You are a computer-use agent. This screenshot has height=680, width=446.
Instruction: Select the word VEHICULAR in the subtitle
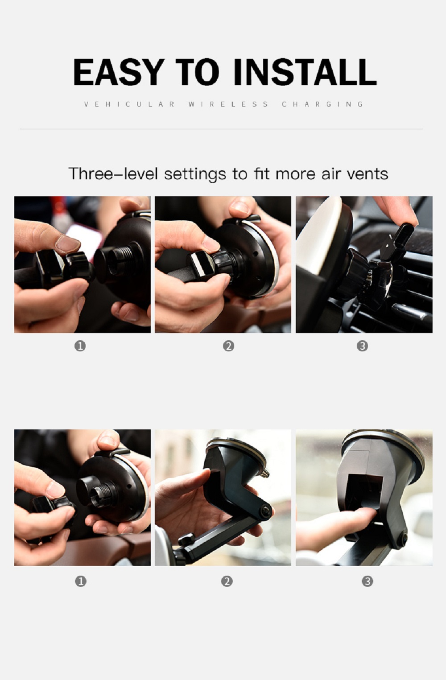click(x=130, y=104)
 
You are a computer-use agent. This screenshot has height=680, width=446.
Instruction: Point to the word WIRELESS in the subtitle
click(x=228, y=104)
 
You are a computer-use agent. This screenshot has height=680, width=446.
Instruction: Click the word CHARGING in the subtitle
click(x=323, y=104)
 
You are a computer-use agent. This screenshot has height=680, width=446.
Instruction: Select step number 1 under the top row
click(x=80, y=346)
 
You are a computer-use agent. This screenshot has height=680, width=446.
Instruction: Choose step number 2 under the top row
click(x=228, y=346)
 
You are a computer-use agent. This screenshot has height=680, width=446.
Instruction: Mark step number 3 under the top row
click(x=362, y=346)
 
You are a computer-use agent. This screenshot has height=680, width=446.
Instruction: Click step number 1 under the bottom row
click(x=80, y=581)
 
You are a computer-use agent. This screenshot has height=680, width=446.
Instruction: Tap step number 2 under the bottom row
click(x=227, y=581)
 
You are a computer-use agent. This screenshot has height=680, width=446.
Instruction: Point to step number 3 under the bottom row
click(x=367, y=581)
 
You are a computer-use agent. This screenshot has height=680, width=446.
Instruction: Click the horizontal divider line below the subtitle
click(x=221, y=129)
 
